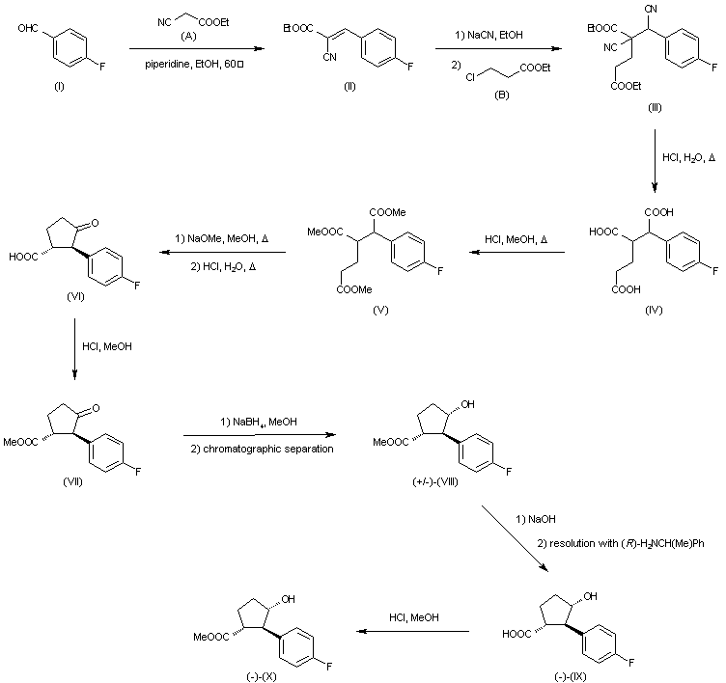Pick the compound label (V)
(x=375, y=313)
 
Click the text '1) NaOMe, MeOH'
(x=228, y=238)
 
